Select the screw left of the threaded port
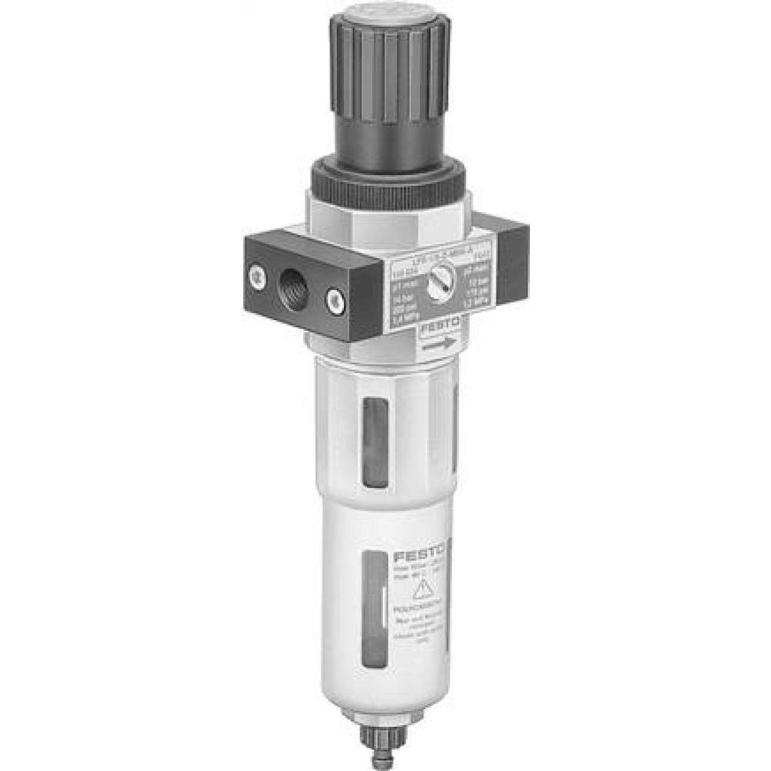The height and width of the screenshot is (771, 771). (255, 274)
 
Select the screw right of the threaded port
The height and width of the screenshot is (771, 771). (334, 301)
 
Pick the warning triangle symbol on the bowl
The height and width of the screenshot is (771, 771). (422, 591)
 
